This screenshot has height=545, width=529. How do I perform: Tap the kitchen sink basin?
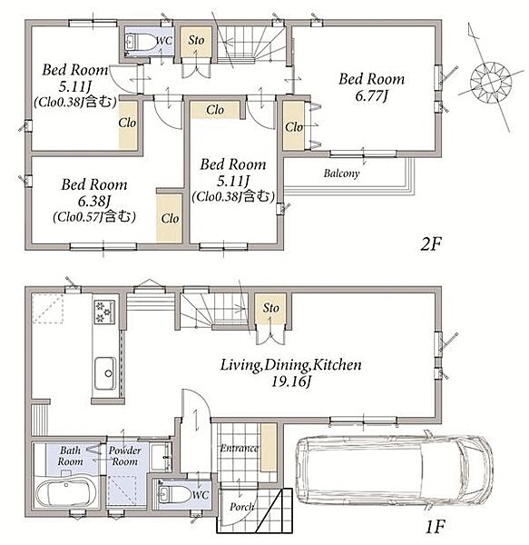pyautogui.click(x=105, y=373)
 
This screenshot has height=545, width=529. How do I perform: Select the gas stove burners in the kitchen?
pyautogui.click(x=104, y=312)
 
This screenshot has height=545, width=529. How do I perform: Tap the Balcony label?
pyautogui.click(x=341, y=173)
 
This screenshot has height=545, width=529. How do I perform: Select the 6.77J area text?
pyautogui.click(x=371, y=96)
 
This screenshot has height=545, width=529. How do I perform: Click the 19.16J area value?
pyautogui.click(x=290, y=382)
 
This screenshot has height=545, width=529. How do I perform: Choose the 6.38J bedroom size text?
pyautogui.click(x=94, y=201)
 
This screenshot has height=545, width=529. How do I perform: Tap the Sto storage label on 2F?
pyautogui.click(x=196, y=40)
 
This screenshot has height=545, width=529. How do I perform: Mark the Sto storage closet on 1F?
pyautogui.click(x=270, y=309)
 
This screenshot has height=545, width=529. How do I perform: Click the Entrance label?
pyautogui.click(x=240, y=449)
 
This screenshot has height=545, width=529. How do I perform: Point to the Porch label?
pyautogui.click(x=241, y=507)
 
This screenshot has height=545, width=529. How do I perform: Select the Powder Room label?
pyautogui.click(x=125, y=456)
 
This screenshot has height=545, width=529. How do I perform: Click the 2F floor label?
pyautogui.click(x=430, y=244)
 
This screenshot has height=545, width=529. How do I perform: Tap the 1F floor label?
pyautogui.click(x=436, y=527)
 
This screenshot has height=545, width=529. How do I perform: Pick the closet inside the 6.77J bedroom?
pyautogui.click(x=294, y=125)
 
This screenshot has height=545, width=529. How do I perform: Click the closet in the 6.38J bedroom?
pyautogui.click(x=169, y=218)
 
